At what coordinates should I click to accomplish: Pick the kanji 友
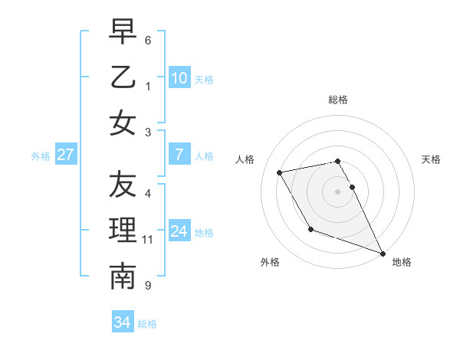[123, 184]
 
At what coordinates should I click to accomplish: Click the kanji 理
[123, 231]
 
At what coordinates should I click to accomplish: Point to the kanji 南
[123, 277]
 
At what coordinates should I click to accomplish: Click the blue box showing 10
[179, 77]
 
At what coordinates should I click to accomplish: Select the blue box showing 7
[179, 155]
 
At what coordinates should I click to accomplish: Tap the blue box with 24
[179, 231]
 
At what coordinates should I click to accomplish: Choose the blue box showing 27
[65, 155]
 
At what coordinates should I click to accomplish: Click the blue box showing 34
[122, 322]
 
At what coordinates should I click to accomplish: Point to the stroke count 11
[148, 240]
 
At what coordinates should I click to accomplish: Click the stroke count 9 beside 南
[148, 286]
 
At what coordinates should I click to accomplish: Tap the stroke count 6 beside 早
[148, 40]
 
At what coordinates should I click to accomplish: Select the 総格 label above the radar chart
[338, 100]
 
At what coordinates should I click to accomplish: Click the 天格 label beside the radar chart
[431, 159]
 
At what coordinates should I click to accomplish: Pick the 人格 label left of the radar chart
[246, 159]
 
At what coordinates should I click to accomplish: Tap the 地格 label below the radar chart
[402, 262]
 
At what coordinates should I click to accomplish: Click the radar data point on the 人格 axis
[280, 172]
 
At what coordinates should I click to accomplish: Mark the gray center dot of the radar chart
[338, 191]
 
